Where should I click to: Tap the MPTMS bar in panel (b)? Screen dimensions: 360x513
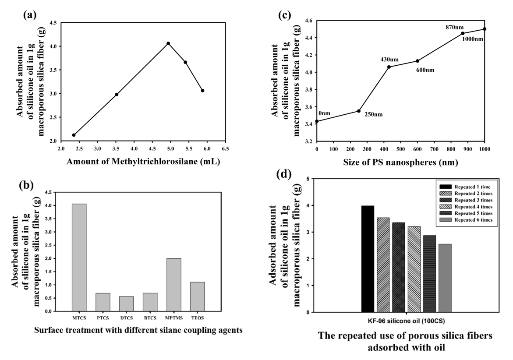click(x=174, y=285)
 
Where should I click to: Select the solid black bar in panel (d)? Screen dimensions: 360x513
click(x=368, y=259)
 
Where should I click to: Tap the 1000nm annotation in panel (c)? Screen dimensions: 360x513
click(x=473, y=39)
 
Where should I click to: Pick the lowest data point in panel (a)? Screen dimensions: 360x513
click(x=74, y=135)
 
